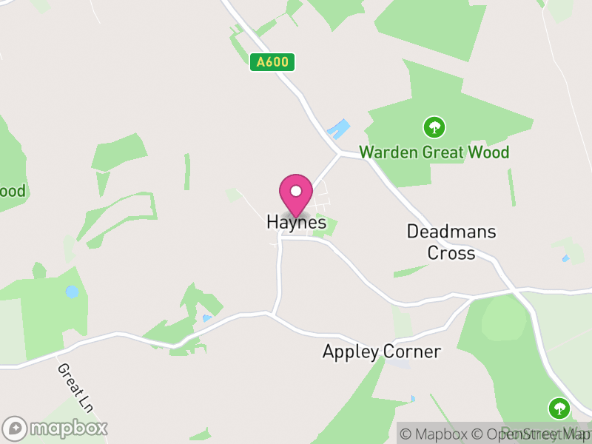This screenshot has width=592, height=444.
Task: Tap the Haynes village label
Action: point(296,222)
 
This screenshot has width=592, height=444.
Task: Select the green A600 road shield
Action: point(272,63)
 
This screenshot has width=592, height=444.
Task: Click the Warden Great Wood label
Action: point(434,153)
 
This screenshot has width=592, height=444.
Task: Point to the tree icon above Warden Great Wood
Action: point(434,127)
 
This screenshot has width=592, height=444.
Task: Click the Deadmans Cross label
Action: point(451,242)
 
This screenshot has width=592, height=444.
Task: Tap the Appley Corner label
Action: point(381,351)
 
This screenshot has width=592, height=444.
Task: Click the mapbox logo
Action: point(55,428)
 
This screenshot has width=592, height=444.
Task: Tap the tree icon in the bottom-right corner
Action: point(558,408)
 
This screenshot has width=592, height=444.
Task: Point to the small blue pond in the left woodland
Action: point(72,292)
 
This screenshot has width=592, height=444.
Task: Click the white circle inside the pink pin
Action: point(296,191)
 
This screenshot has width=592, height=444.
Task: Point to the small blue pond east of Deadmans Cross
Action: point(566,258)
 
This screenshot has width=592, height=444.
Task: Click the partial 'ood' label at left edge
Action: point(12,192)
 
